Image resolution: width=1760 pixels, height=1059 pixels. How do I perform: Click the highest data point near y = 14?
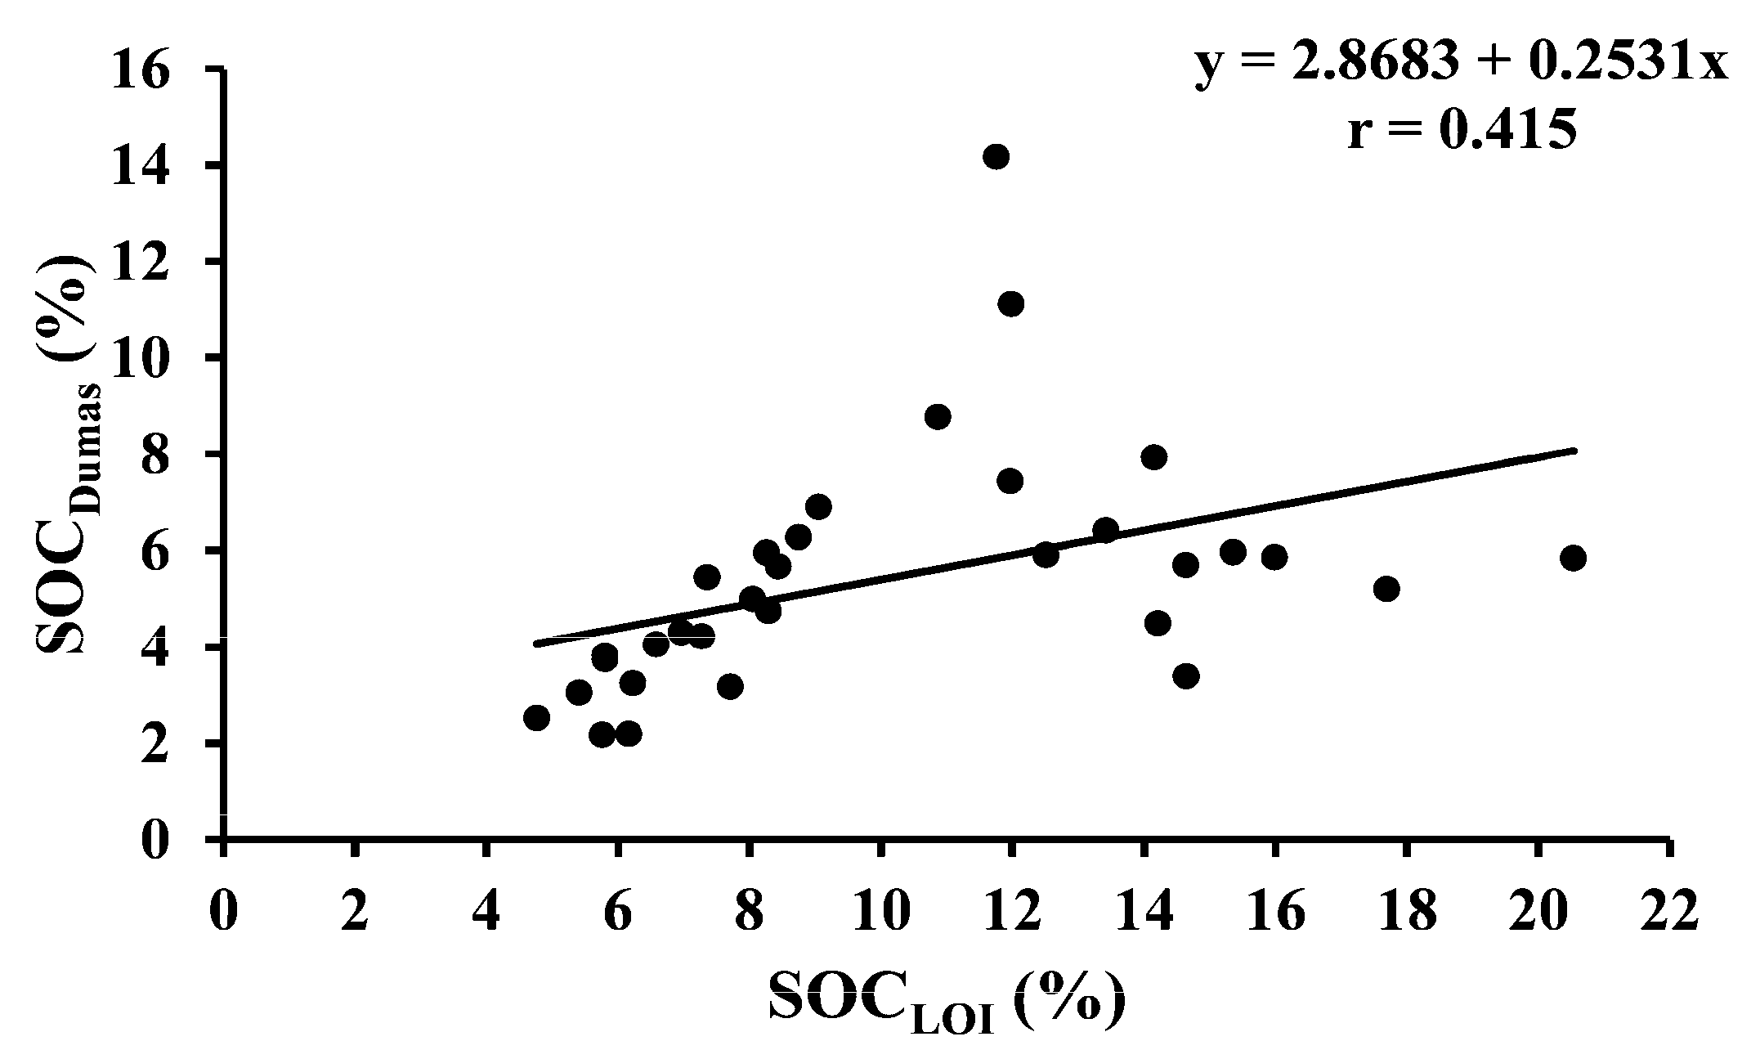click(996, 156)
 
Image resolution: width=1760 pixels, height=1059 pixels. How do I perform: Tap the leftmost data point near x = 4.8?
click(536, 718)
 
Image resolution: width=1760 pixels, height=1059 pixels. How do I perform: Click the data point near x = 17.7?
click(1386, 589)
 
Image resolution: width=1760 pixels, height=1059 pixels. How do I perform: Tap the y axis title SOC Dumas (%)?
click(65, 454)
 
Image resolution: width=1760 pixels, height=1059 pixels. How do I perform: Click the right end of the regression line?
click(1574, 451)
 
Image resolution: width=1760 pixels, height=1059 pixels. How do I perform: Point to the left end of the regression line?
click(536, 644)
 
